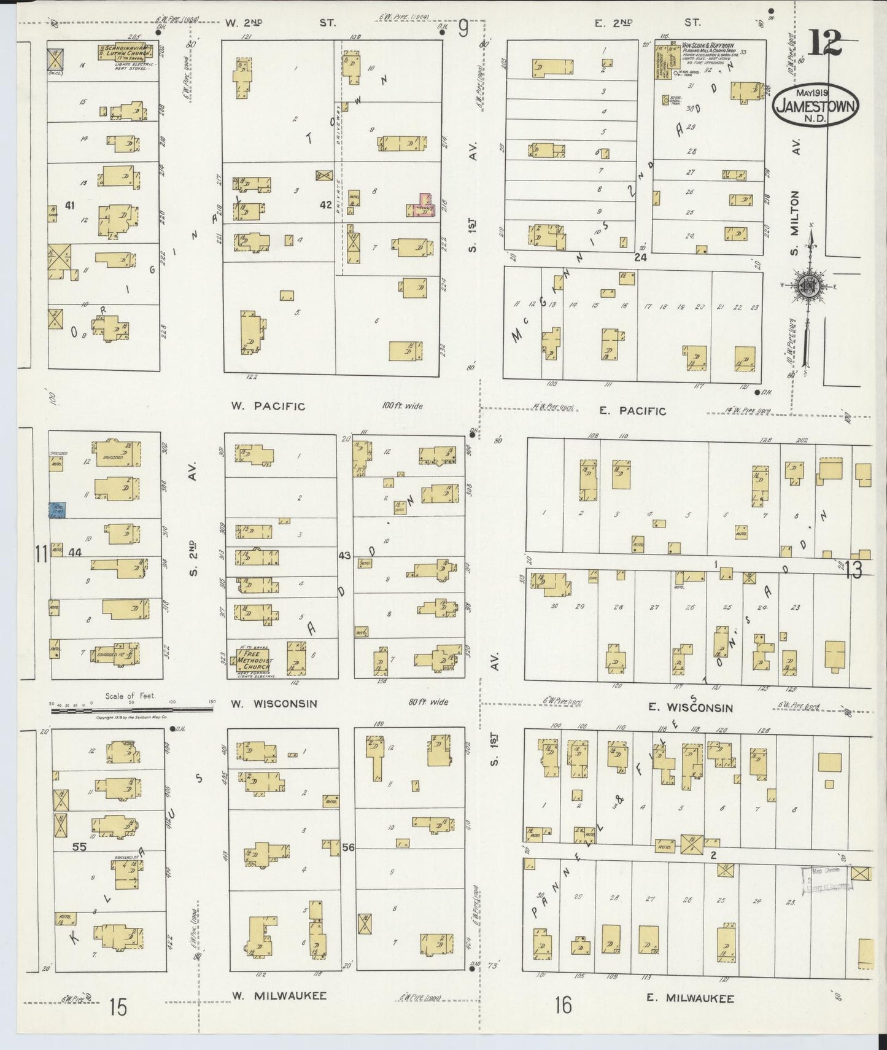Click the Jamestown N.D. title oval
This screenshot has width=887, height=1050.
(815, 104)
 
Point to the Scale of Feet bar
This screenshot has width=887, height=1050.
(132, 709)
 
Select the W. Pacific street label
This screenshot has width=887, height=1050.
(268, 406)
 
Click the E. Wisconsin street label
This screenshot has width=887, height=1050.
(691, 707)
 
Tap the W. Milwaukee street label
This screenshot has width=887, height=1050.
(279, 995)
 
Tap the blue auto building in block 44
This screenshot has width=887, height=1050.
(58, 509)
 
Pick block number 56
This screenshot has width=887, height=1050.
(348, 847)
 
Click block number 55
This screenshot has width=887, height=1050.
(79, 846)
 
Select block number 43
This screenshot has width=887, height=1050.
(344, 555)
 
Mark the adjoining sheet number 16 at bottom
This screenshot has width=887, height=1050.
(563, 1005)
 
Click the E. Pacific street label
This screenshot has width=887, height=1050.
(632, 411)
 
